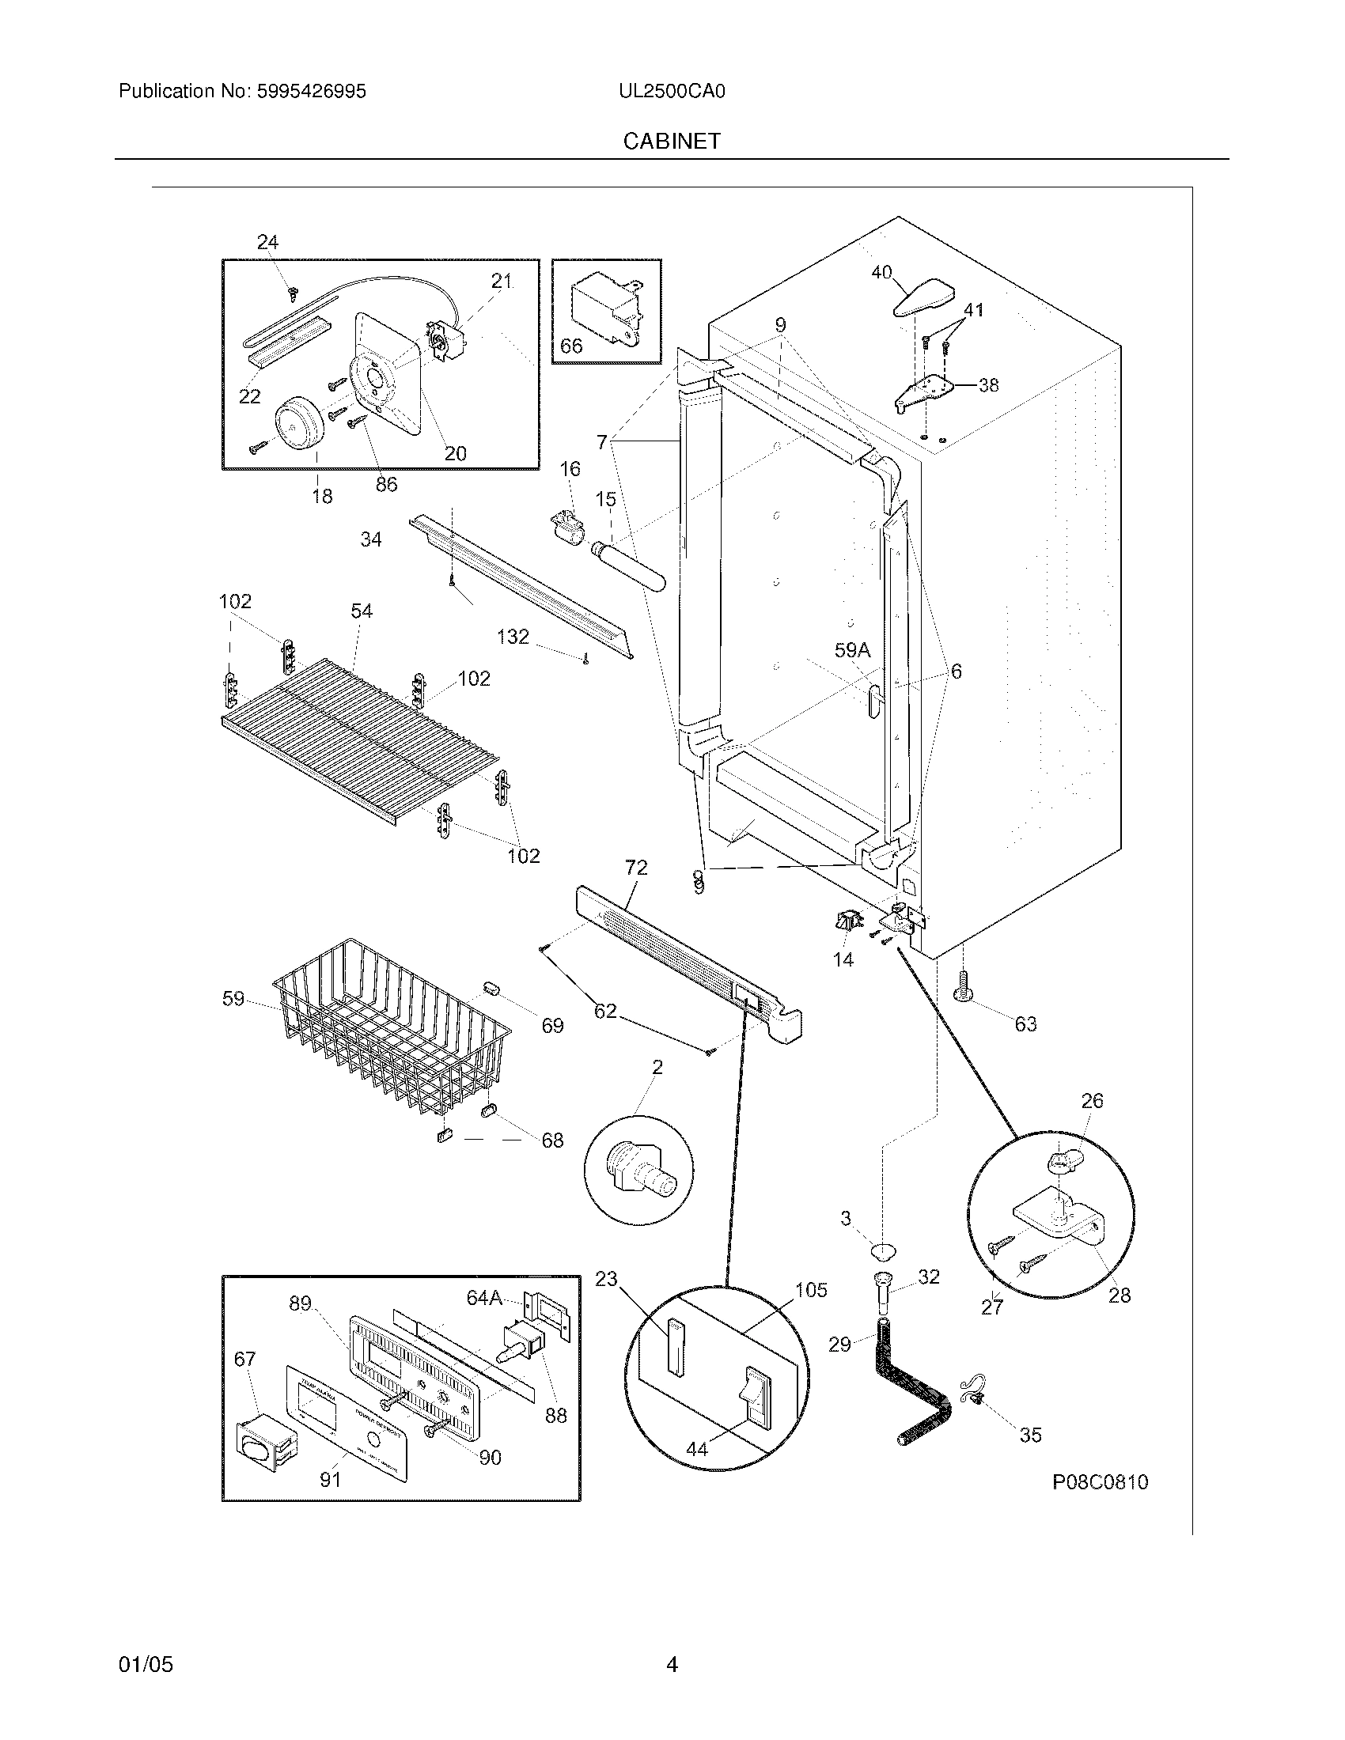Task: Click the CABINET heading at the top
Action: [x=672, y=141]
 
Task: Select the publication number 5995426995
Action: [x=312, y=92]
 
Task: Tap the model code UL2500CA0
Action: [x=672, y=92]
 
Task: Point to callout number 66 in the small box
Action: [x=571, y=346]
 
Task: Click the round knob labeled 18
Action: [x=299, y=423]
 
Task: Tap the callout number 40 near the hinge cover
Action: [x=881, y=273]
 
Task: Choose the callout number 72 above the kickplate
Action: [x=636, y=868]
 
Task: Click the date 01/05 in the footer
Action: [x=145, y=1642]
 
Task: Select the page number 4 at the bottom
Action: [x=672, y=1642]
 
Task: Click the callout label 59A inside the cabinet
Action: [x=853, y=651]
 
